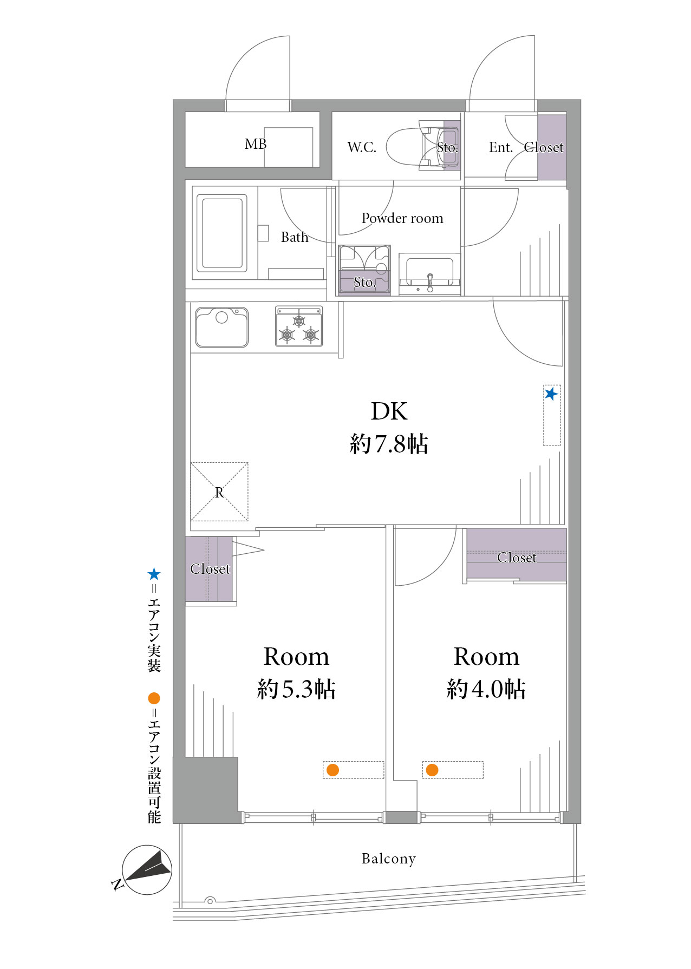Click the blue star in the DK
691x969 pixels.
tap(551, 394)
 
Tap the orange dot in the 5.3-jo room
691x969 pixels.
tap(333, 770)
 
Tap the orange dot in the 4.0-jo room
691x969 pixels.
tap(432, 770)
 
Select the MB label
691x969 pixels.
tap(256, 144)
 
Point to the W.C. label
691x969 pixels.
tap(362, 147)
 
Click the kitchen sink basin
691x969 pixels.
tap(222, 327)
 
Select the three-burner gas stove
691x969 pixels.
tap(299, 326)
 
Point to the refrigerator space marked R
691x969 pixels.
tap(219, 492)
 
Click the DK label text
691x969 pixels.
tap(389, 411)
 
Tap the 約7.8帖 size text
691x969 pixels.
tap(389, 444)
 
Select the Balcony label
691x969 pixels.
tap(389, 859)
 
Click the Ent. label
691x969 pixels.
tap(501, 147)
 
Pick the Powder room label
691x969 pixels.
tap(402, 218)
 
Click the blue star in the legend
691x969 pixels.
tap(154, 574)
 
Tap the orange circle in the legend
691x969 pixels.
tap(154, 698)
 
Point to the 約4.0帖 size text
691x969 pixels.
tap(486, 689)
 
